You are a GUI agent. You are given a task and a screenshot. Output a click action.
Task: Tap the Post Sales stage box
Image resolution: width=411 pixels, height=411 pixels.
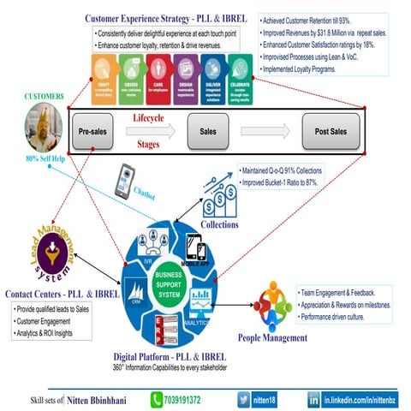tap(331, 132)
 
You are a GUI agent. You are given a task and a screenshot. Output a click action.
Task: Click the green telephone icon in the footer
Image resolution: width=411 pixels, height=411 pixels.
tap(157, 398)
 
